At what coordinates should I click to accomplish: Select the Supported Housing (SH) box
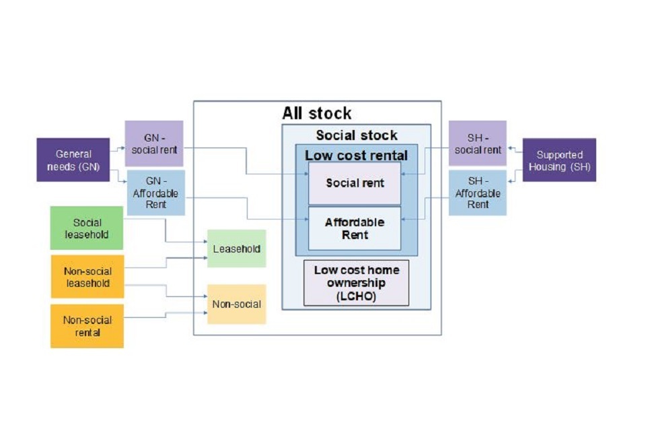click(x=559, y=160)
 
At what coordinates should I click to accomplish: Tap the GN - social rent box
click(x=154, y=143)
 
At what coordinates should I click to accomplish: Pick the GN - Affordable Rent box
click(x=154, y=192)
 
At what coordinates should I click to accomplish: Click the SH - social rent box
click(x=478, y=143)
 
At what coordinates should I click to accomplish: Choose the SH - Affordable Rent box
click(x=478, y=193)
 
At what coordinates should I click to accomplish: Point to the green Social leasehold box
click(x=87, y=228)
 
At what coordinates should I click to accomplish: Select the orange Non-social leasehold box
click(x=87, y=276)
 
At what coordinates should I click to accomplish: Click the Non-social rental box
click(x=87, y=326)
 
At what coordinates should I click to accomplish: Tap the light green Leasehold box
click(x=236, y=248)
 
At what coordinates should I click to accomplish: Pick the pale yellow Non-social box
click(x=236, y=304)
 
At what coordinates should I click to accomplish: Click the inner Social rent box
click(x=355, y=183)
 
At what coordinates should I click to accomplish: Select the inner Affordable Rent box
click(x=355, y=228)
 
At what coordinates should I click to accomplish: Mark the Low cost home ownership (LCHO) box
click(x=357, y=283)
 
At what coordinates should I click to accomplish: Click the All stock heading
click(x=317, y=113)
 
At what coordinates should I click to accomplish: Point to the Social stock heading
click(x=357, y=135)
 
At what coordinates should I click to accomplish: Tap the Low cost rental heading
click(x=356, y=155)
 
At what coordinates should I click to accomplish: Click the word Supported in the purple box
click(x=559, y=155)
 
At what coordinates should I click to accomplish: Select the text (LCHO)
click(x=357, y=296)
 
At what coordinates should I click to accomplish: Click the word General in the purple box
click(x=73, y=154)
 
